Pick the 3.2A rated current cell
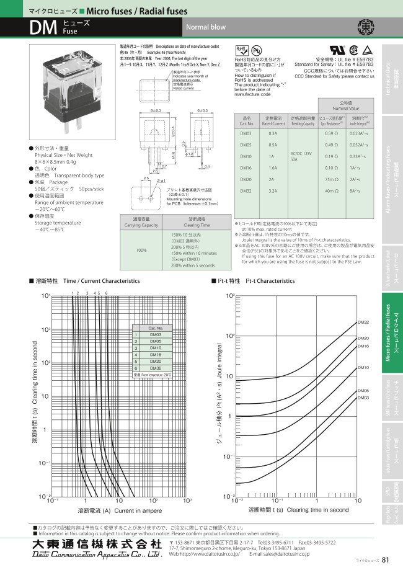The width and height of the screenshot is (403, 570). pyautogui.click(x=273, y=191)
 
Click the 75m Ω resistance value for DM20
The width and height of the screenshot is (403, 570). pyautogui.click(x=332, y=179)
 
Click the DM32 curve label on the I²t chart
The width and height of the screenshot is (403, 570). pyautogui.click(x=363, y=323)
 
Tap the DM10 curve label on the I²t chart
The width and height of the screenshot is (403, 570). pyautogui.click(x=363, y=368)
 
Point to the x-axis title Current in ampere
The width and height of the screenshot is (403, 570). pyautogui.click(x=119, y=510)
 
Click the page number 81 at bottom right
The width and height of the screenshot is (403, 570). pyautogui.click(x=386, y=560)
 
